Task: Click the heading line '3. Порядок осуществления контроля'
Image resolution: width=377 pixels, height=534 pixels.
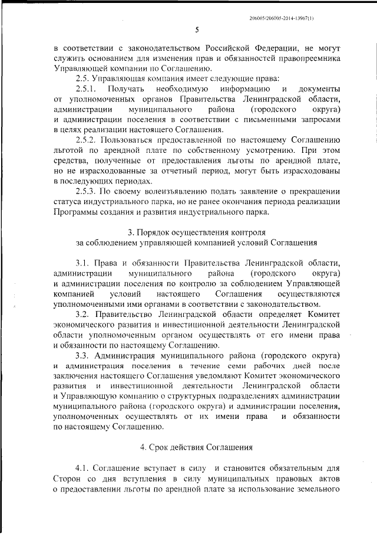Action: (197, 231)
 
